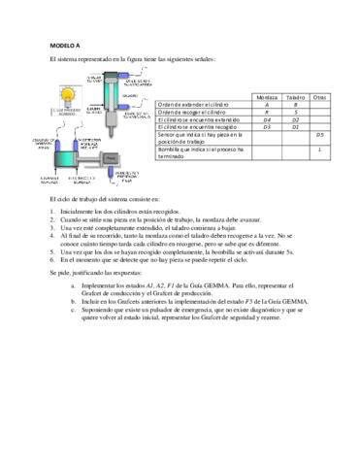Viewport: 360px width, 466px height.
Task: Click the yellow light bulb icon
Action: [67, 94]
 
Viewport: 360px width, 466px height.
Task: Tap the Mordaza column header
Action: [268, 98]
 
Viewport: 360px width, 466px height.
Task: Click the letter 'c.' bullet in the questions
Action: [87, 315]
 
